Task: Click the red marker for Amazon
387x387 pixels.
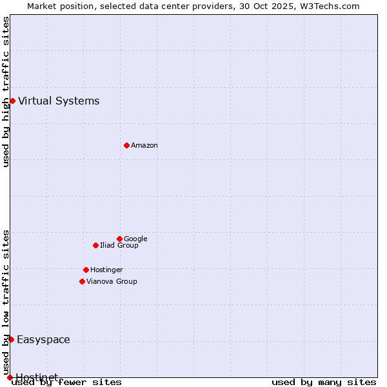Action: [126, 145]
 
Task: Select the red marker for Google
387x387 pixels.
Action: [119, 239]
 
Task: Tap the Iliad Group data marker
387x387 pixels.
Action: [95, 245]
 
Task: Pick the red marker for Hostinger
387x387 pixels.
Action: [86, 270]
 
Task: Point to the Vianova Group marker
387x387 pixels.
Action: [82, 281]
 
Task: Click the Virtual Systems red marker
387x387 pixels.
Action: [12, 101]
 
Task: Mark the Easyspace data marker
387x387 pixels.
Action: [11, 339]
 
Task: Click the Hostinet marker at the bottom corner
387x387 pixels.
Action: [10, 377]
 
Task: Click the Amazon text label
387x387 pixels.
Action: [144, 146]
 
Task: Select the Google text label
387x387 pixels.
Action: [135, 239]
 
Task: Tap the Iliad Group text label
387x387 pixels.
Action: [119, 246]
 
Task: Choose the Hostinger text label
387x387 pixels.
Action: [106, 270]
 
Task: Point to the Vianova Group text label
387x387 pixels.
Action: [112, 282]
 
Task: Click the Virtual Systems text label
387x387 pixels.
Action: [59, 101]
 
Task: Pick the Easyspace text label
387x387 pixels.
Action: [43, 340]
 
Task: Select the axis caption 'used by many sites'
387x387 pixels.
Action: [324, 382]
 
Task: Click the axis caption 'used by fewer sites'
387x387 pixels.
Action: [66, 382]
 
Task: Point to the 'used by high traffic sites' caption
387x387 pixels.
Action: [6, 92]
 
